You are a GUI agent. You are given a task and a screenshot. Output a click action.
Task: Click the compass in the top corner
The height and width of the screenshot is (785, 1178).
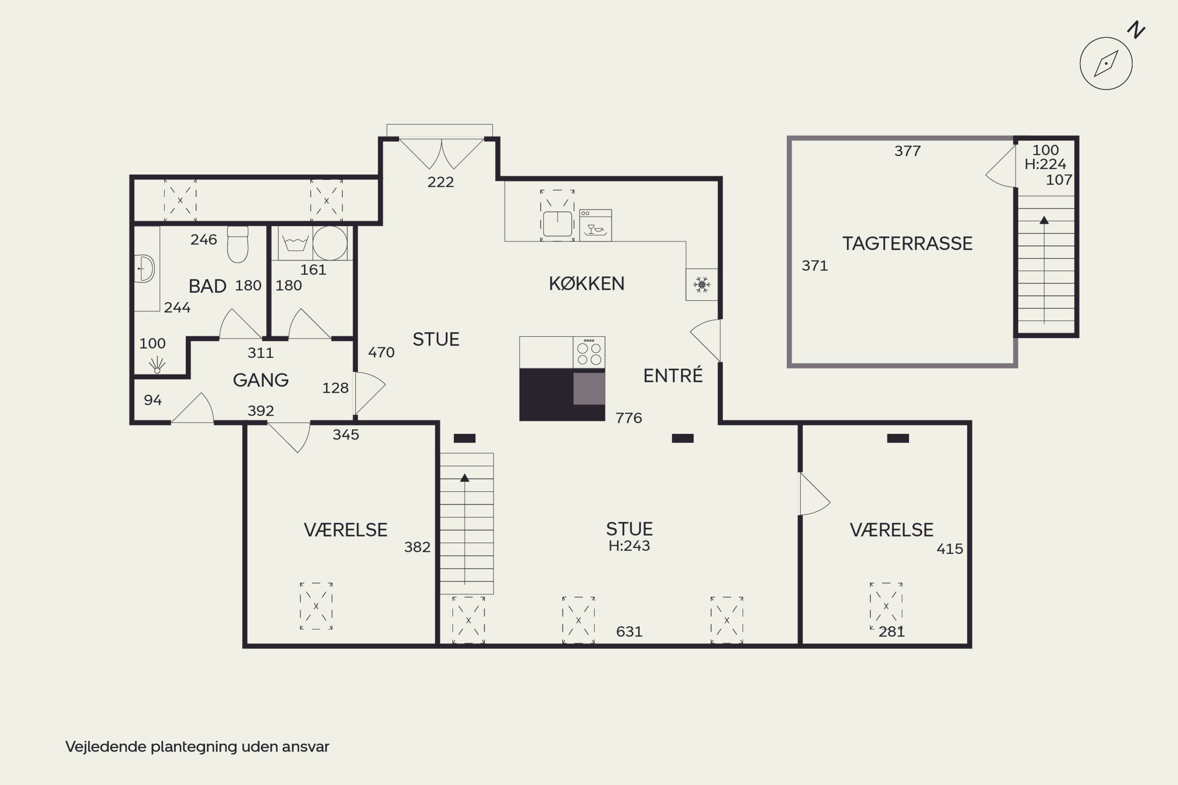(1106, 64)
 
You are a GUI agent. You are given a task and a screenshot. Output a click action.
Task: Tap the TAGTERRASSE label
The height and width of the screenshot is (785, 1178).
(907, 243)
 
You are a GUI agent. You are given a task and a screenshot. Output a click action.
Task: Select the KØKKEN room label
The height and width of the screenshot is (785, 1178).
(587, 283)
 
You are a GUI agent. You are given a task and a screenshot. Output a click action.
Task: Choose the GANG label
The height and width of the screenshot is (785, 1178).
(260, 380)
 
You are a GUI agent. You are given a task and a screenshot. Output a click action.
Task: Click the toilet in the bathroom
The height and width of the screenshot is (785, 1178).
(238, 244)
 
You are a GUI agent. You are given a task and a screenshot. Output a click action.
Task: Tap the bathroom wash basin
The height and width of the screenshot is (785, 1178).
(145, 269)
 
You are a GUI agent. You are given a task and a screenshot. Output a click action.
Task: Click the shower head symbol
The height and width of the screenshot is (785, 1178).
(157, 365)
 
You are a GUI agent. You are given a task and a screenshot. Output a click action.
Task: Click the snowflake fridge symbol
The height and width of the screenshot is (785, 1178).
(701, 284)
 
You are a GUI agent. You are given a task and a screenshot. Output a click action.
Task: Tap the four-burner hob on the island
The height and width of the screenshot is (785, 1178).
(589, 352)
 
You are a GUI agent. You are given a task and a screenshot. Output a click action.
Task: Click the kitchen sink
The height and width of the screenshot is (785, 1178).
(558, 223)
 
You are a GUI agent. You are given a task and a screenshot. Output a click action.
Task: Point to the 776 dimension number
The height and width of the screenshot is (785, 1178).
(629, 418)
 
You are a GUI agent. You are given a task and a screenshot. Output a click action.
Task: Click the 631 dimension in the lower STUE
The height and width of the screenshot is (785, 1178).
(629, 632)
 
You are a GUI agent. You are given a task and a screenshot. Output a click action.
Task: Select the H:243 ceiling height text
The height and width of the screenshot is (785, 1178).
(629, 546)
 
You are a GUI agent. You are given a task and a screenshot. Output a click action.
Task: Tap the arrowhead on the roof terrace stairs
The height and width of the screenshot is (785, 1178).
(1044, 220)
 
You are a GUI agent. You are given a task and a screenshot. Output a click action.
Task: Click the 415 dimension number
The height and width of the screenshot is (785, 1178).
(949, 549)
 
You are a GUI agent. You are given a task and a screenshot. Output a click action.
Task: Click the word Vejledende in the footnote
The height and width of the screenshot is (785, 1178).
(106, 747)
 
